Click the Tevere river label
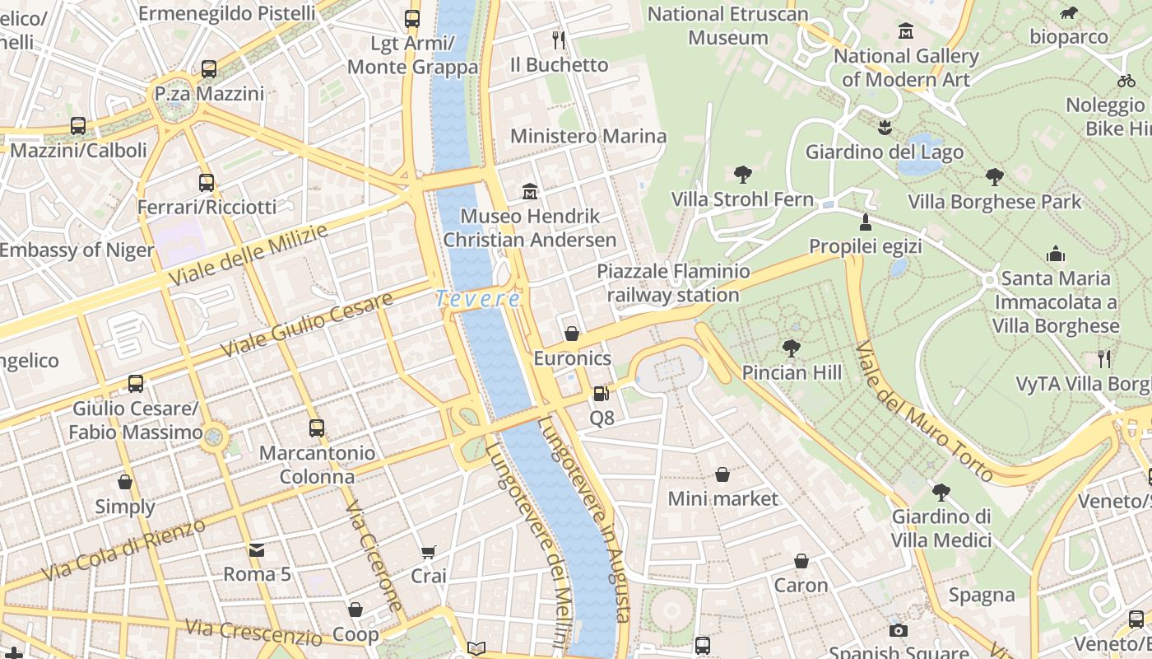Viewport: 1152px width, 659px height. pyautogui.click(x=478, y=298)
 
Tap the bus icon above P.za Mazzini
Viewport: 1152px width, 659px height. pyautogui.click(x=209, y=69)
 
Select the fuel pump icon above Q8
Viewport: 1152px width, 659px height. pyautogui.click(x=602, y=395)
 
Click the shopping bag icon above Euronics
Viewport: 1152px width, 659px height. pyautogui.click(x=572, y=334)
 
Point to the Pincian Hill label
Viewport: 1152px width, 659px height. pyautogui.click(x=792, y=372)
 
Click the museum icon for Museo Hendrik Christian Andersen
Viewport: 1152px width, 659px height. pyautogui.click(x=530, y=192)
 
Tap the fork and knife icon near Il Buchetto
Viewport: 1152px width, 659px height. pyautogui.click(x=559, y=40)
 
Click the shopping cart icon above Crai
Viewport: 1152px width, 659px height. pyautogui.click(x=428, y=552)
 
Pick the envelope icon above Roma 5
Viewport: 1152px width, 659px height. pyautogui.click(x=257, y=549)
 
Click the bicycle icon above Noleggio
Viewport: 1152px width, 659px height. pyautogui.click(x=1126, y=81)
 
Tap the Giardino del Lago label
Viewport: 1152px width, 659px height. pyautogui.click(x=884, y=152)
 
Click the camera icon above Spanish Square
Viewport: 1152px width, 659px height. pyautogui.click(x=899, y=630)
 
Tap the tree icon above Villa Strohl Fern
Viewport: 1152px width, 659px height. pyautogui.click(x=742, y=175)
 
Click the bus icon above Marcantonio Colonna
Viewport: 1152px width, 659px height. pyautogui.click(x=317, y=428)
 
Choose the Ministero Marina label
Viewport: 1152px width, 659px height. pyautogui.click(x=588, y=136)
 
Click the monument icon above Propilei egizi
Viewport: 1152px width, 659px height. pyautogui.click(x=865, y=222)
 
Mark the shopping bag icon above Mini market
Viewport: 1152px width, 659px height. pyautogui.click(x=722, y=474)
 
